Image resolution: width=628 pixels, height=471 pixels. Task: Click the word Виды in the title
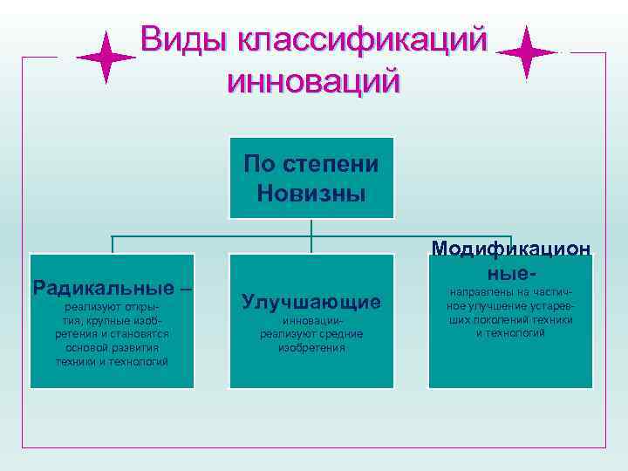point(181,40)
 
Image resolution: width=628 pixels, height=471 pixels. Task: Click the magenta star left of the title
point(106,57)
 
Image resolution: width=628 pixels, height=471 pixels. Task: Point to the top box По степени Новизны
point(311,177)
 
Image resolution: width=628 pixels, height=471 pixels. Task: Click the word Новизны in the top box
point(311,191)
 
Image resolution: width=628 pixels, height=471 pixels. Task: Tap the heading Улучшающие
point(311,302)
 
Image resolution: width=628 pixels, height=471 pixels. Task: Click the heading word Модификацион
point(511,250)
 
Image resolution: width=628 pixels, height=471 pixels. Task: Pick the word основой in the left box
point(78,347)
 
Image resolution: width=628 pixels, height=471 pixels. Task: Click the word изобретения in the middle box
point(311,347)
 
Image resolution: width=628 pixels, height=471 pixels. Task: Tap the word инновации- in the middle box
point(311,321)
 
